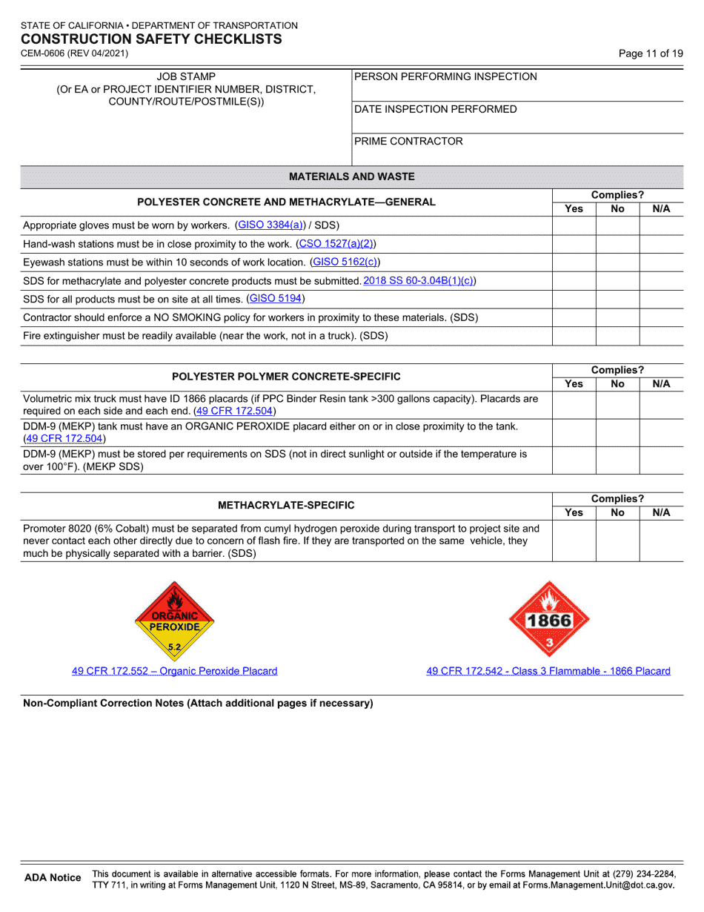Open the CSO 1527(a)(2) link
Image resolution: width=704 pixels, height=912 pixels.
(336, 243)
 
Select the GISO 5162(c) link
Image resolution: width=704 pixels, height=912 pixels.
(345, 262)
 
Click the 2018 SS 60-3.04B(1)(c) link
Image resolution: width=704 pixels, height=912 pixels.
(419, 280)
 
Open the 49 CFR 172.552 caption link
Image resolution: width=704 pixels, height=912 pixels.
(174, 671)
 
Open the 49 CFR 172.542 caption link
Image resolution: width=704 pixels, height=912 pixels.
(548, 671)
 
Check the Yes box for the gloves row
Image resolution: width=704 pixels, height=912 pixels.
(574, 225)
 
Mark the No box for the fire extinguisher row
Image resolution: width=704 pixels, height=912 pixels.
(617, 336)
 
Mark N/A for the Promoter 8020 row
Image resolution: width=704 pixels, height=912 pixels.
(661, 541)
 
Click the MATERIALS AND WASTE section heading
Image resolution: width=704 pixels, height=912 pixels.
(352, 176)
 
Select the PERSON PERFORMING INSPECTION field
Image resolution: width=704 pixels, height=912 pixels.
(517, 85)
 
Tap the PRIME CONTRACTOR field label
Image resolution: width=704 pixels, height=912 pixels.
(408, 141)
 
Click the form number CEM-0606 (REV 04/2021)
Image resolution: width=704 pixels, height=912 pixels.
(74, 53)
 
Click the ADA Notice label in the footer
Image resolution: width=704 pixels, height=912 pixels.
(53, 878)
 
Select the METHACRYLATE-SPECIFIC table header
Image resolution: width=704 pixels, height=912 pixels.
(286, 505)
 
